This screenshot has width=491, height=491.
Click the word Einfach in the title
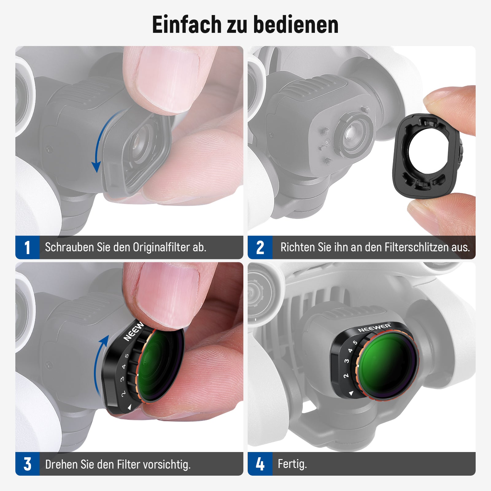click(187, 24)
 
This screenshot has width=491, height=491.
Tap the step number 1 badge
click(27, 247)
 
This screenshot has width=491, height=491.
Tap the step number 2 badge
click(260, 247)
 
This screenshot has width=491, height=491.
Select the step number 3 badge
click(27, 464)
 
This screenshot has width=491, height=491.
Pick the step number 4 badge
click(260, 464)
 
